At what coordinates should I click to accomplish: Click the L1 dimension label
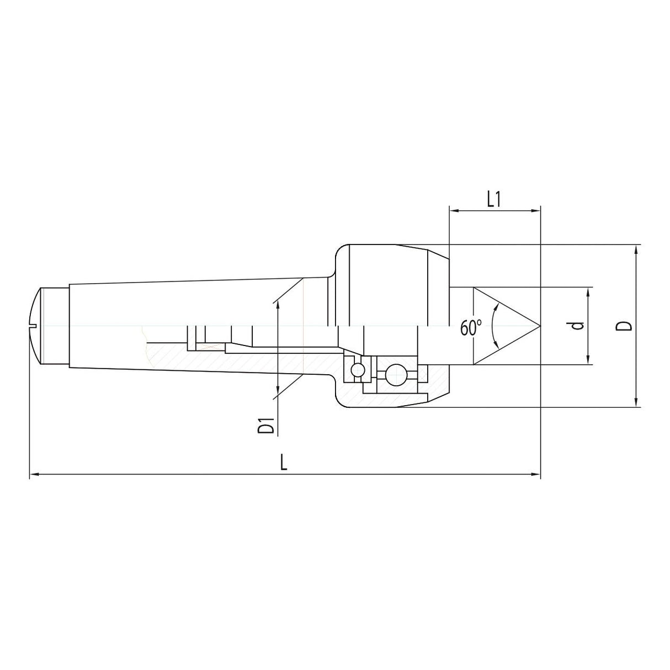494,200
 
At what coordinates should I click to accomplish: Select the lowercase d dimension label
578,326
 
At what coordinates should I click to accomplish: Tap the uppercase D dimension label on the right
625,326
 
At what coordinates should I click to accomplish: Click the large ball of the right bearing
395,375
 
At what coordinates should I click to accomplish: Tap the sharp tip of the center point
539,326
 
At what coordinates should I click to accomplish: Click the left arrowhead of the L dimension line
33,474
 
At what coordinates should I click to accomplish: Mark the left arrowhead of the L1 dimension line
454,210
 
